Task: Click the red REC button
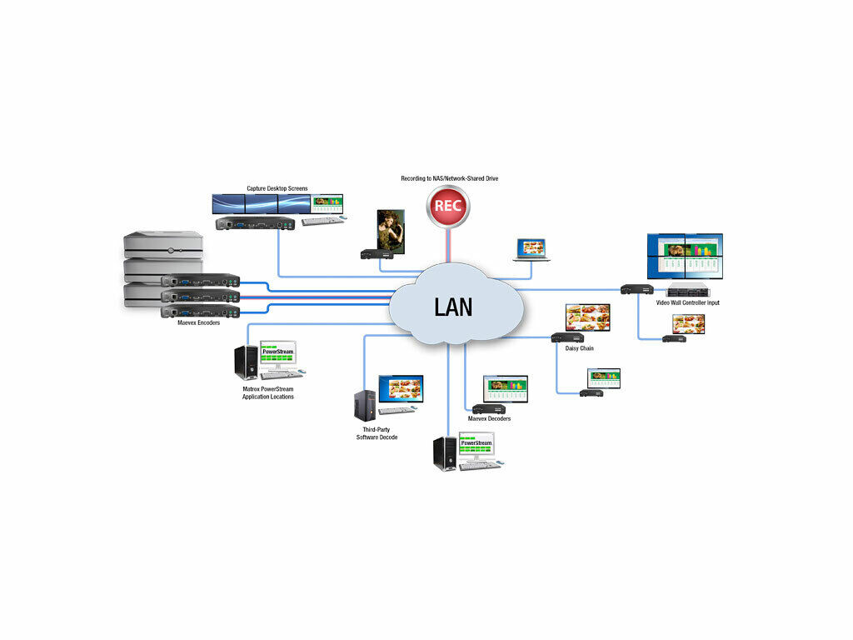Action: point(448,207)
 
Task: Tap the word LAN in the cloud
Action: point(453,307)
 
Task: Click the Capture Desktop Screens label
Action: point(277,189)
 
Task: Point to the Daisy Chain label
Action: point(579,348)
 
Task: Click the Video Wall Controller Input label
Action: point(687,302)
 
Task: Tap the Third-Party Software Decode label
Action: point(377,433)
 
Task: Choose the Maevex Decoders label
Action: point(489,418)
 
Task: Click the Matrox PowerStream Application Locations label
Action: point(267,392)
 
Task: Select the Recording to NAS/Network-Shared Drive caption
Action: point(449,178)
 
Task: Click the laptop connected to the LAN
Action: point(531,249)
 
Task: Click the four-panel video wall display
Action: point(685,256)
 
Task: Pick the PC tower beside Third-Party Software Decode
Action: point(364,404)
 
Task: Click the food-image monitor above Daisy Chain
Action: point(587,317)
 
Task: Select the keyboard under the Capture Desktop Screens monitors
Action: point(323,221)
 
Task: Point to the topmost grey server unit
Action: point(163,243)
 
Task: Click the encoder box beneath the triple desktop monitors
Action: point(255,223)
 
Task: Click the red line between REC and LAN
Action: point(448,246)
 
